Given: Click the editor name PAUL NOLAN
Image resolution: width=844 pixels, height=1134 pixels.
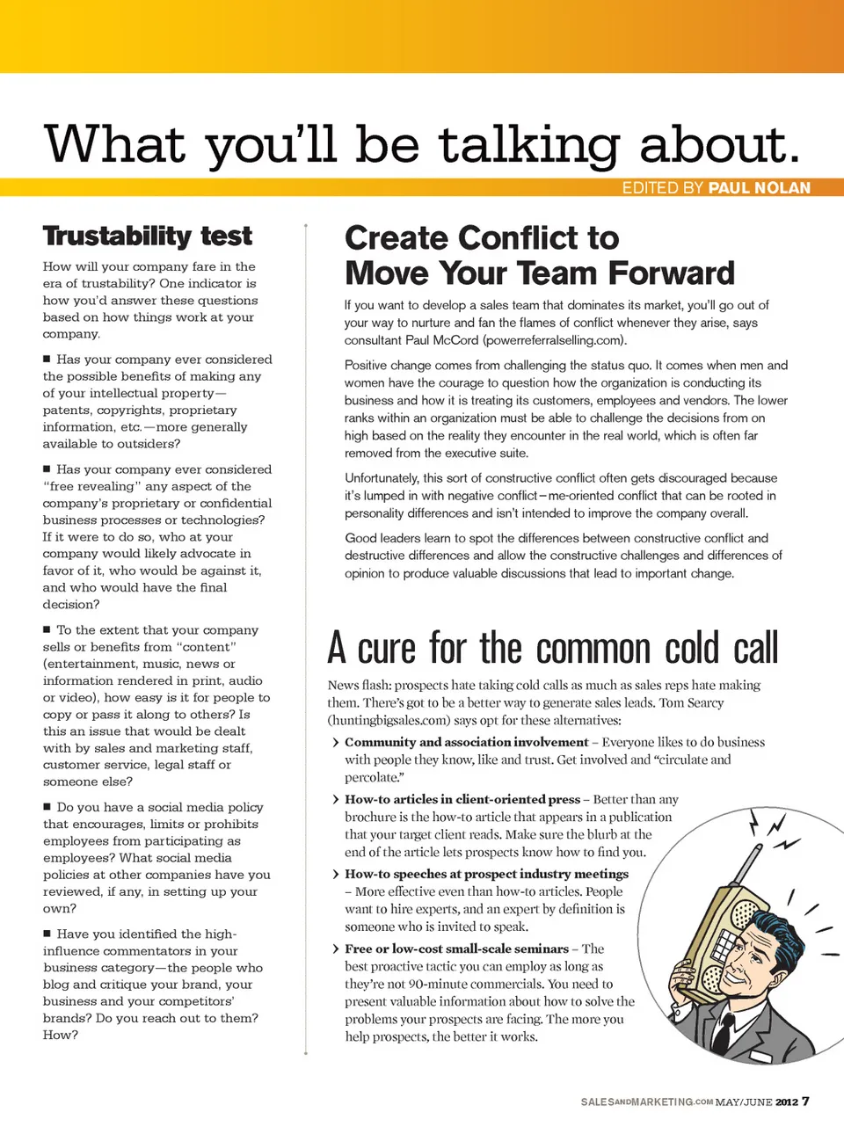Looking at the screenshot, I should pyautogui.click(x=760, y=187).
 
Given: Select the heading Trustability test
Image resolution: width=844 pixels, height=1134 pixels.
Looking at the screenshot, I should pyautogui.click(x=147, y=236).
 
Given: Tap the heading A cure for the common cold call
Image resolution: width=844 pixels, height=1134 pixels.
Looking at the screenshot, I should pyautogui.click(x=552, y=648).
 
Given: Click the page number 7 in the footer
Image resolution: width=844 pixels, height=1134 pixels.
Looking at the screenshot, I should pyautogui.click(x=805, y=1101).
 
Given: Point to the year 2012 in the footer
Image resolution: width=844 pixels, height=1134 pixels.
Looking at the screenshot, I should pyautogui.click(x=787, y=1101).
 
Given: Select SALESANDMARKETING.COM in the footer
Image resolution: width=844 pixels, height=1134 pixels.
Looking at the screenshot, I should pyautogui.click(x=646, y=1101).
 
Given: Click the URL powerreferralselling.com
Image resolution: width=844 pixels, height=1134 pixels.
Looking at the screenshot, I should pyautogui.click(x=554, y=340).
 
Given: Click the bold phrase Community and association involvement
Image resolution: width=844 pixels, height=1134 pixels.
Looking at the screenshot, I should pyautogui.click(x=466, y=742).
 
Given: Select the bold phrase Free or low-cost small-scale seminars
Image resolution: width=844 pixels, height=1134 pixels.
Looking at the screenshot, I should pyautogui.click(x=456, y=949).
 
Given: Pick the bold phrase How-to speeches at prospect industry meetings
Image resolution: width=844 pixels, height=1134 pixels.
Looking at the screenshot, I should pyautogui.click(x=486, y=874).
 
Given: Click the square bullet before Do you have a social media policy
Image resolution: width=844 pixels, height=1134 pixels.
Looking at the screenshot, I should pyautogui.click(x=47, y=806).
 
